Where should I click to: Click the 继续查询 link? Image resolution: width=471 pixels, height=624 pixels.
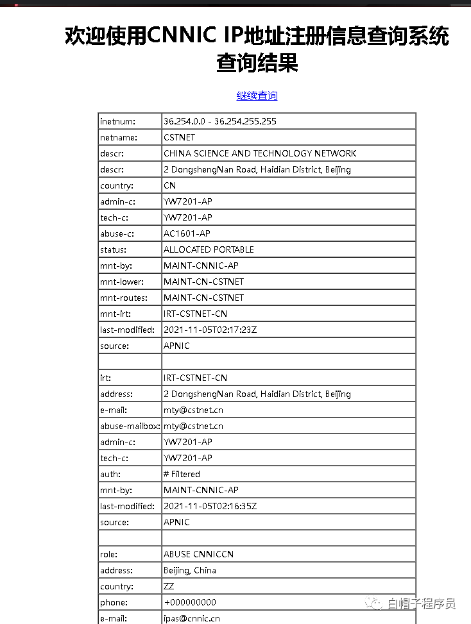pyautogui.click(x=257, y=96)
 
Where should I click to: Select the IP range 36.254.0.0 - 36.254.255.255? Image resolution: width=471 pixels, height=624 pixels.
pyautogui.click(x=219, y=121)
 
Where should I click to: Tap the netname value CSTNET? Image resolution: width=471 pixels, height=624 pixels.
pyautogui.click(x=179, y=137)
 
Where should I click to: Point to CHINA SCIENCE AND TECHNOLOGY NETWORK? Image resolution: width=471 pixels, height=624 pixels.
pyautogui.click(x=259, y=153)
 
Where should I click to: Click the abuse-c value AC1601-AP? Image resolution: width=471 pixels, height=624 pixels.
pyautogui.click(x=187, y=233)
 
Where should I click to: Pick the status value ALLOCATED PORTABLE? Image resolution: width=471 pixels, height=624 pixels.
pyautogui.click(x=209, y=249)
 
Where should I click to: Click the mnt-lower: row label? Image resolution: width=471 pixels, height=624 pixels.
pyautogui.click(x=122, y=282)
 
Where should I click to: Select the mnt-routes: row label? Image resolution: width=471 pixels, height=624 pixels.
pyautogui.click(x=123, y=298)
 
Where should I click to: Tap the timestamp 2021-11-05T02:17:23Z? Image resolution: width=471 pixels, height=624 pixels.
pyautogui.click(x=210, y=330)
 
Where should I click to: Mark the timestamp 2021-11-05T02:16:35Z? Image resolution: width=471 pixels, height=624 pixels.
pyautogui.click(x=210, y=506)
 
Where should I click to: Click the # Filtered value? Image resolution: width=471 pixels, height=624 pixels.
pyautogui.click(x=182, y=474)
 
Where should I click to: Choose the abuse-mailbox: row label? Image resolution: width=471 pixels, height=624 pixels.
pyautogui.click(x=130, y=426)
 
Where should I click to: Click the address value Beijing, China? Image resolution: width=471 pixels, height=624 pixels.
pyautogui.click(x=189, y=570)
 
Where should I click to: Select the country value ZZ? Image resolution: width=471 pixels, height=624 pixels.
pyautogui.click(x=169, y=586)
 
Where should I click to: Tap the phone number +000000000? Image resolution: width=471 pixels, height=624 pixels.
pyautogui.click(x=189, y=602)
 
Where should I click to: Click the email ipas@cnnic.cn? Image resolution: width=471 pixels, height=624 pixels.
pyautogui.click(x=191, y=618)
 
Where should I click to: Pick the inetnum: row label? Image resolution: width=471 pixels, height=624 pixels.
pyautogui.click(x=117, y=121)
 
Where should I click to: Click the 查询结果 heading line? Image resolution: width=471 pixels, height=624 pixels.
pyautogui.click(x=257, y=63)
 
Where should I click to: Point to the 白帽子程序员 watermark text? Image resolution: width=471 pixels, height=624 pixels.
pyautogui.click(x=421, y=603)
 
